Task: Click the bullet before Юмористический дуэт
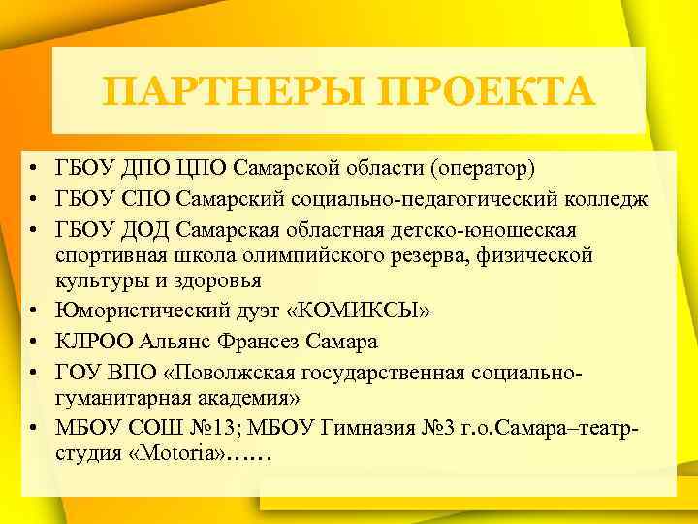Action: (x=32, y=311)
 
